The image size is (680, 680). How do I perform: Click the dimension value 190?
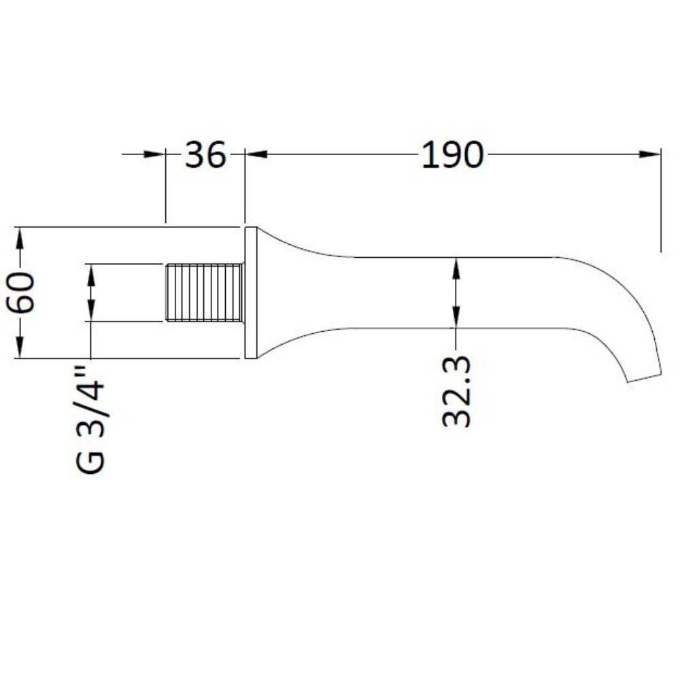pyautogui.click(x=452, y=156)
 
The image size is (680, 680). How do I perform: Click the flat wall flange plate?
pyautogui.click(x=250, y=292)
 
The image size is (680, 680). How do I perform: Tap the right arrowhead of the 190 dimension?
pyautogui.click(x=651, y=154)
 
